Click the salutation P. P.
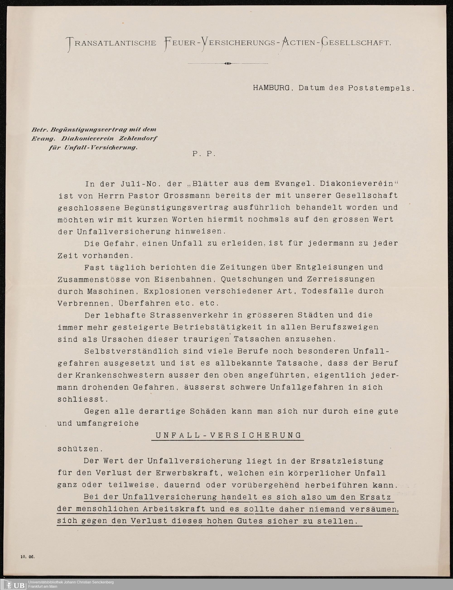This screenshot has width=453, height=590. pyautogui.click(x=204, y=154)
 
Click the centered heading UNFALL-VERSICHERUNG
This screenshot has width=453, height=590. pyautogui.click(x=228, y=435)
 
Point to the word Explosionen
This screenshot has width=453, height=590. pyautogui.click(x=172, y=291)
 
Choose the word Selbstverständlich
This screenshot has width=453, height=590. pyautogui.click(x=132, y=351)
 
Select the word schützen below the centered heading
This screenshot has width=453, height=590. pyautogui.click(x=78, y=449)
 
